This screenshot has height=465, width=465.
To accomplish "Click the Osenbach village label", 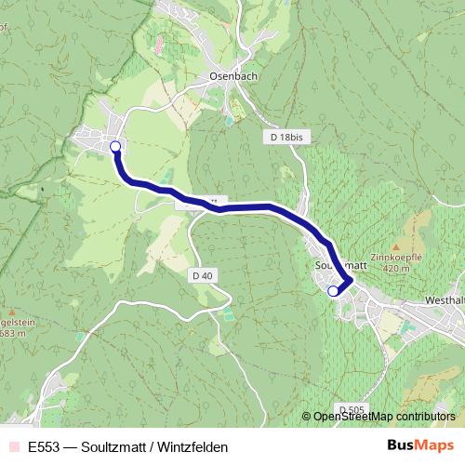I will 228,77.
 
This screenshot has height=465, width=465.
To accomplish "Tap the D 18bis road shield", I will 286,137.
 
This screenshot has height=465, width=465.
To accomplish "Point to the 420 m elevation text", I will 395,268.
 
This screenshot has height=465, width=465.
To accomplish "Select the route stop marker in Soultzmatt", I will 334,291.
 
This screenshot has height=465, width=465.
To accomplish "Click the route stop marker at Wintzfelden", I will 115,146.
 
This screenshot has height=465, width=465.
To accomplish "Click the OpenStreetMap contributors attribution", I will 384,416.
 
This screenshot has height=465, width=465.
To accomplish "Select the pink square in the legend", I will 13,446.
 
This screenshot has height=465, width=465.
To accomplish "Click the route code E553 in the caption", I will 43,446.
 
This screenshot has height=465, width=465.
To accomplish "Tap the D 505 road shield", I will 351,409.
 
